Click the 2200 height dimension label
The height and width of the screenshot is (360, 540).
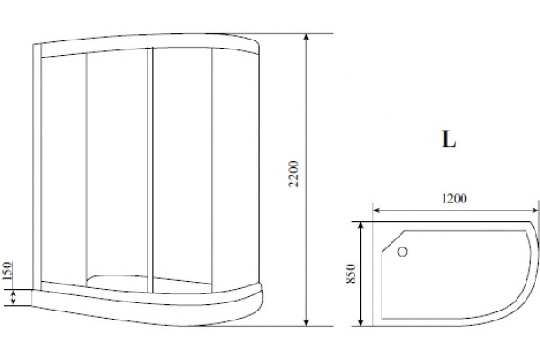[x=293, y=174]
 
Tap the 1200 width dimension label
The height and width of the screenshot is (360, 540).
[x=454, y=199]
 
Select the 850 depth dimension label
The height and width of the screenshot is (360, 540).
[x=350, y=274]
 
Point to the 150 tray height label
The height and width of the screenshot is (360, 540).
[x=7, y=271]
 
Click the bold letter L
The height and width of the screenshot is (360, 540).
[x=449, y=139]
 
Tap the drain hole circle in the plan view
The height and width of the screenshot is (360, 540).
[x=402, y=252]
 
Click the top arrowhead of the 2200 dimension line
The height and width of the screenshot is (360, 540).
[x=307, y=38]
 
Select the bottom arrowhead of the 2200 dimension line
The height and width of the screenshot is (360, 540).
[x=307, y=322]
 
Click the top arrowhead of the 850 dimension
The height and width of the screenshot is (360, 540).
[x=361, y=226]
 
